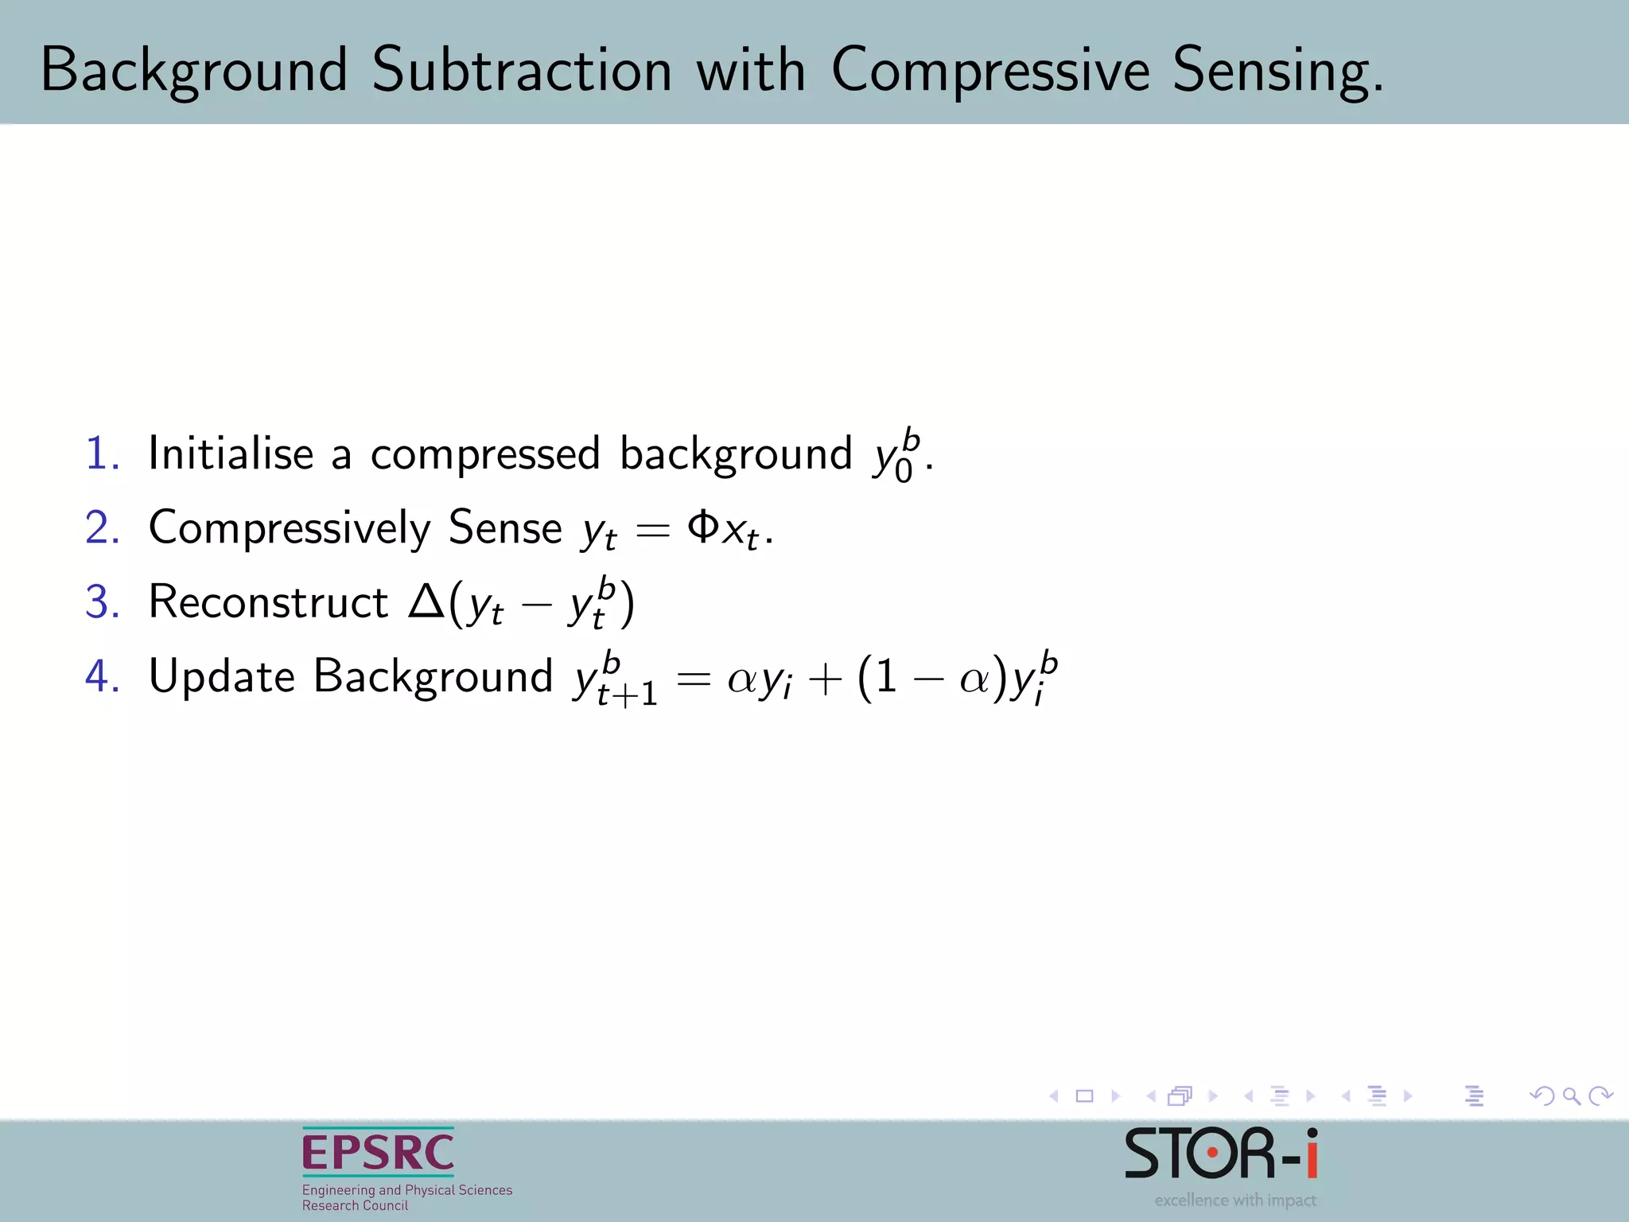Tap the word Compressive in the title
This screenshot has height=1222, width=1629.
click(990, 72)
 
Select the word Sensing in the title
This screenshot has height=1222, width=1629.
click(1277, 72)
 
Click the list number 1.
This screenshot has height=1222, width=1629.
click(102, 454)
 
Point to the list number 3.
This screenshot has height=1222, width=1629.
click(102, 602)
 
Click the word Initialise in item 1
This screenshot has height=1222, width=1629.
click(231, 453)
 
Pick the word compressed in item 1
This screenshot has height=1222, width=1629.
click(484, 455)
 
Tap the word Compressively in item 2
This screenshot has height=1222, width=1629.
click(290, 528)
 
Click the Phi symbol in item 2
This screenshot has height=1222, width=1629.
click(703, 526)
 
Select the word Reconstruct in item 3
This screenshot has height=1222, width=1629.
click(268, 601)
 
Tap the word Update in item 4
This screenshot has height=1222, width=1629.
click(222, 676)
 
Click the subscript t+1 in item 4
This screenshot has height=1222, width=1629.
click(627, 695)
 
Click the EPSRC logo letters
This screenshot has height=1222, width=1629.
click(378, 1153)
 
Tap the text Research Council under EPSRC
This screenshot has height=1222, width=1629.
click(355, 1205)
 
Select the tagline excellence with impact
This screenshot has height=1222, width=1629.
click(1235, 1200)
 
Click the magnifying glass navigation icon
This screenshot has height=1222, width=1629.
click(1571, 1096)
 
